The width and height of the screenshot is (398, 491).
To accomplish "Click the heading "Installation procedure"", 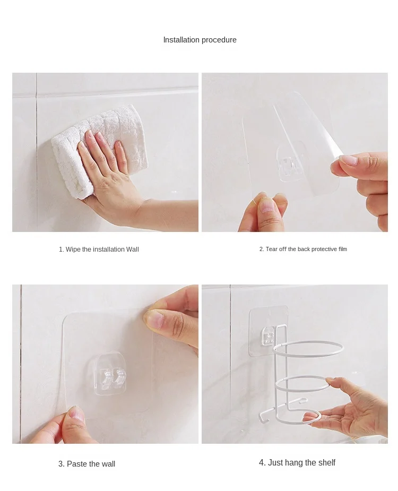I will [200, 40].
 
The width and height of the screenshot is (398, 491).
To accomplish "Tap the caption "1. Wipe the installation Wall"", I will [99, 249].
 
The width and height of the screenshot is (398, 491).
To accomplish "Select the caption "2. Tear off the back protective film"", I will [303, 249].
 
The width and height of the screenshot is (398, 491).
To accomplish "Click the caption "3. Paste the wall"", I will [86, 464].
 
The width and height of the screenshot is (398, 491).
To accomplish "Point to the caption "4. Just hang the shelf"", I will [297, 463].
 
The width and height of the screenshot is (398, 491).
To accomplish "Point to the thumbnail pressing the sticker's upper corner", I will [154, 320].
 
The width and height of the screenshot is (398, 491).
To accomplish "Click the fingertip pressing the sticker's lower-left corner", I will [76, 415].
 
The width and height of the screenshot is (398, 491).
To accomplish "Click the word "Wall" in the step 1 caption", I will [132, 249].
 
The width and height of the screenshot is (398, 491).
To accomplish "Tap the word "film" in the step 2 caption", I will [342, 249].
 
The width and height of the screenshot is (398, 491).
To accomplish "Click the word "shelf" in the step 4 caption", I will [326, 463].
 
